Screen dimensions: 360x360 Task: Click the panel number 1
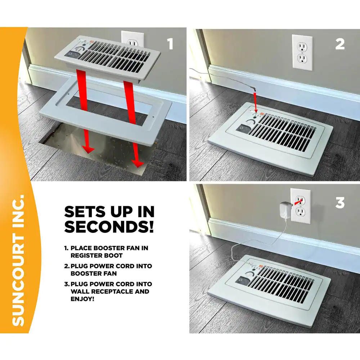tap(170, 44)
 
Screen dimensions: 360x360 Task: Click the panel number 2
tap(340, 44)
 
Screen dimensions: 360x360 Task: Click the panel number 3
tap(340, 203)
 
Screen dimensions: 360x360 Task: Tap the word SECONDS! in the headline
tap(109, 227)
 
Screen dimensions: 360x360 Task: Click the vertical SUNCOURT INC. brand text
tap(18, 261)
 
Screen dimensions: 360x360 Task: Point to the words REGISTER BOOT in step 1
tap(96, 255)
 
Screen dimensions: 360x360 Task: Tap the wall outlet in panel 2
tap(302, 53)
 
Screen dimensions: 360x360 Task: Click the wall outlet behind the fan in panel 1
tap(132, 38)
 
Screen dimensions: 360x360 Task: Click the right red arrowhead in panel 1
tap(137, 164)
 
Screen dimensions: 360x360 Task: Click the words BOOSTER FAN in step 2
tap(94, 274)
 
